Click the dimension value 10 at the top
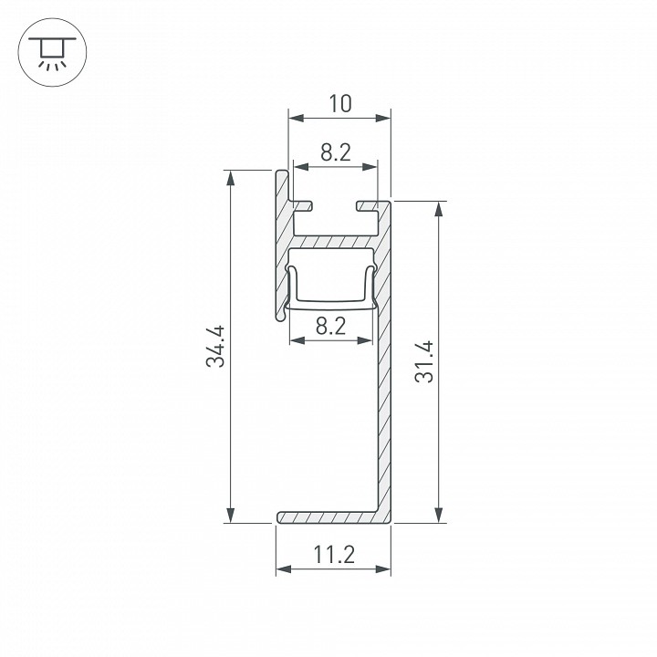[339, 104]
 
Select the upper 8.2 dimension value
[336, 153]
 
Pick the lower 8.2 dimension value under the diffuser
[329, 326]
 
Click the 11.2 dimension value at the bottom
[333, 554]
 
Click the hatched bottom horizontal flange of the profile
[328, 517]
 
